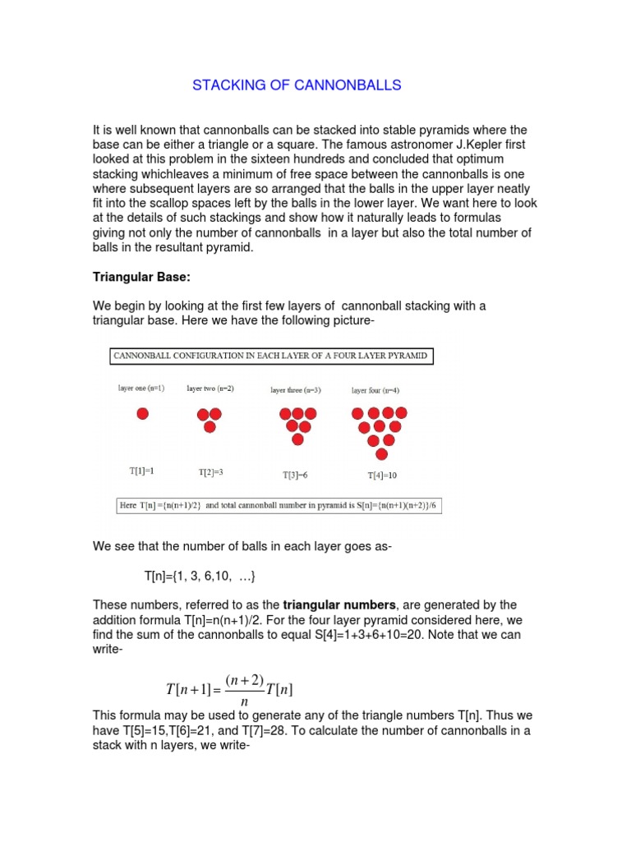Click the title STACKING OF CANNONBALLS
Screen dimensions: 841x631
[297, 85]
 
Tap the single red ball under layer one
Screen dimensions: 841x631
[142, 414]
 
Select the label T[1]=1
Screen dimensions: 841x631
[141, 471]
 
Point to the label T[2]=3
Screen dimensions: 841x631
[210, 472]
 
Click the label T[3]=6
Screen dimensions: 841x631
[297, 474]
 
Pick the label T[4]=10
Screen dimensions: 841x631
[381, 475]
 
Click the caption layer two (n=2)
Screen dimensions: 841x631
[210, 388]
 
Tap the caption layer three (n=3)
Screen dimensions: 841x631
[296, 390]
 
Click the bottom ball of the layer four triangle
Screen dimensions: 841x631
[381, 454]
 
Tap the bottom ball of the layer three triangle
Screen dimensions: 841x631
[297, 439]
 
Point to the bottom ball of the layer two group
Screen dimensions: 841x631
[210, 427]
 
